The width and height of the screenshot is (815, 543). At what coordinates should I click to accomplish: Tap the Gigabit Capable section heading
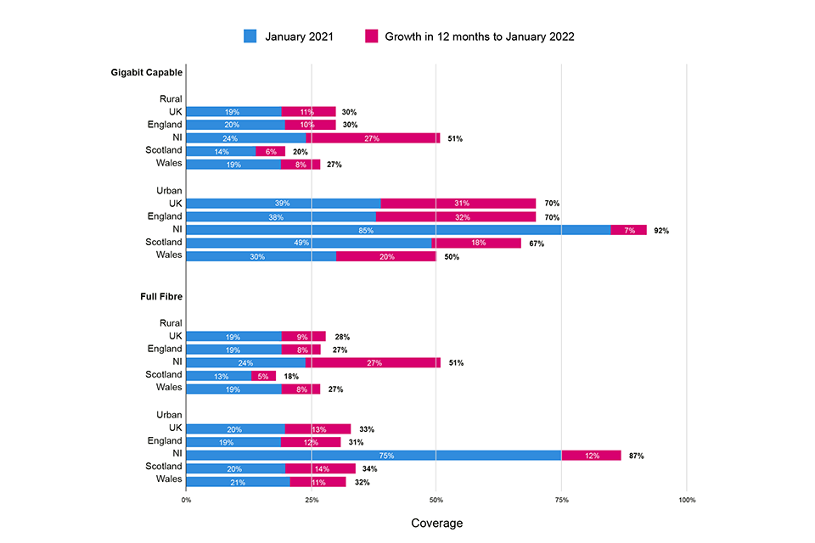point(146,72)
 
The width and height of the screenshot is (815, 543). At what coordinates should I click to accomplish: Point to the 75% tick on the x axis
point(561,500)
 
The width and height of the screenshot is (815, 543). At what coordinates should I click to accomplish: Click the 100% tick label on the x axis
point(686,500)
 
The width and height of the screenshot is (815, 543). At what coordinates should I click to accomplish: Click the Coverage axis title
point(436,523)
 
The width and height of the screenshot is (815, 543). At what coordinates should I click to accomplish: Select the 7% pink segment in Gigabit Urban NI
point(628,230)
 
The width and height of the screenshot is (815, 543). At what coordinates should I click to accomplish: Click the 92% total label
point(661,230)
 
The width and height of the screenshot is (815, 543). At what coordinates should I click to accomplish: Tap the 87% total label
point(636,456)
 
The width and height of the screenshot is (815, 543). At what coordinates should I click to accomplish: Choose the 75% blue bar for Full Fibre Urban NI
point(374,456)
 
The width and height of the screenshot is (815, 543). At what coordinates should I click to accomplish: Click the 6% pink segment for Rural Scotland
point(270,151)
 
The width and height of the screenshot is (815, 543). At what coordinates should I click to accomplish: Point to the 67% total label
point(536,244)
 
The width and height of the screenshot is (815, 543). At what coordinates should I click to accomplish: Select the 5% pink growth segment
point(263,376)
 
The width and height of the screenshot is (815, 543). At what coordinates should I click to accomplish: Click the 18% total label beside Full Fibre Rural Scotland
point(290,376)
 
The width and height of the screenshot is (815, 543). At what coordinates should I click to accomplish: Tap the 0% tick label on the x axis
point(187,500)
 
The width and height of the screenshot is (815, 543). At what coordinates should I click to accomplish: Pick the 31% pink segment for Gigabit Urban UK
point(458,204)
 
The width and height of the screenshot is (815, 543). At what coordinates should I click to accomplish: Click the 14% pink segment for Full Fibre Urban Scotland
point(320,468)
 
